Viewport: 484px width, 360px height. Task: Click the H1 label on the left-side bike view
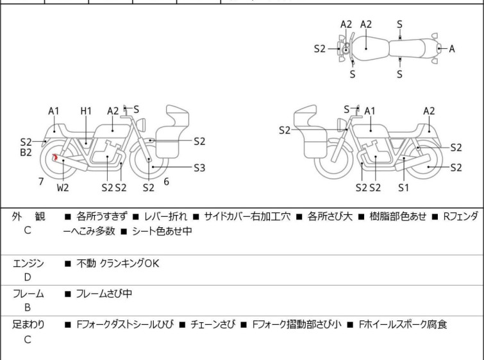(86, 111)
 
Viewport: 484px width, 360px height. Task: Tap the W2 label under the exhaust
(63, 187)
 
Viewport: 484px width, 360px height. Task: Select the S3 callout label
(199, 167)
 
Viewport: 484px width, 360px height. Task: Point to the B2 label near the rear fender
(26, 152)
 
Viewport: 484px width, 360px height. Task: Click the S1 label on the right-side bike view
(403, 187)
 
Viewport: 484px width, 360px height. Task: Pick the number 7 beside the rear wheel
(41, 182)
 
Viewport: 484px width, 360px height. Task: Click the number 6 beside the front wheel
(167, 182)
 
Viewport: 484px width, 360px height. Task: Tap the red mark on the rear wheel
(55, 157)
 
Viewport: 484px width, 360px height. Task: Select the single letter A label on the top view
(451, 49)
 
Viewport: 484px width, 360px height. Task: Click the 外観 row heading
(28, 216)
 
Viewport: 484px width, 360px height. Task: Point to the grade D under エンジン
(28, 277)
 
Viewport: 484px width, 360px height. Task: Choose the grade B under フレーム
(28, 307)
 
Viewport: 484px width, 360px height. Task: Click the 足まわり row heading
(28, 325)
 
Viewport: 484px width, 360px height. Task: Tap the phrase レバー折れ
(165, 216)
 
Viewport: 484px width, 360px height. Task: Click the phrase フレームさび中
(104, 293)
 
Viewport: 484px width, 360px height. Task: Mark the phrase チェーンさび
(213, 325)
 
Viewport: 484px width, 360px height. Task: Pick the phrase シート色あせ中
(162, 231)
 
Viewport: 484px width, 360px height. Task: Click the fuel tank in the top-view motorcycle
(370, 49)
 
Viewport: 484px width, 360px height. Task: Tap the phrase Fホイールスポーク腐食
(403, 325)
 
